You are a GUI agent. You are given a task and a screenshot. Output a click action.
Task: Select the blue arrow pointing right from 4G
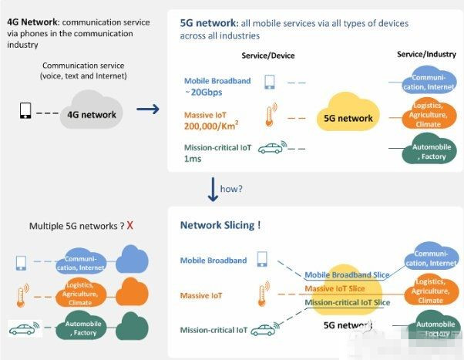[x=148, y=109]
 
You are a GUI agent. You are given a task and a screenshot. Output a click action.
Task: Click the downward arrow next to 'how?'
[x=211, y=188]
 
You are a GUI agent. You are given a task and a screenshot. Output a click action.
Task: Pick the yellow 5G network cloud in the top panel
[x=349, y=118]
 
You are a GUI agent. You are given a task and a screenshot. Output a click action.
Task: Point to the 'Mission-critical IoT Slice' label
[x=348, y=303]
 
